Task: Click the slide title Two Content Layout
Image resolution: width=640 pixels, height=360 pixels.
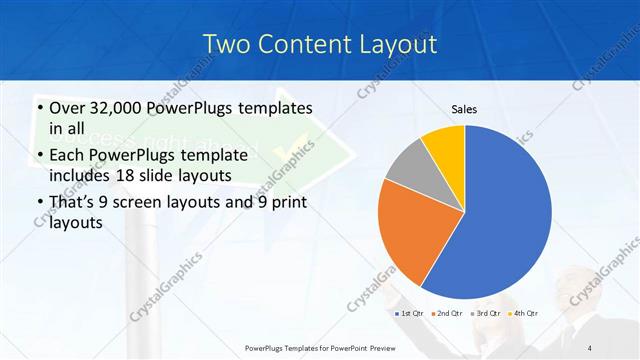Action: tap(319, 44)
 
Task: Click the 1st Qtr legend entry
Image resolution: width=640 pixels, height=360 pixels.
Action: tap(411, 313)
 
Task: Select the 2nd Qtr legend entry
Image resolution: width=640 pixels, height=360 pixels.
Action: tap(446, 313)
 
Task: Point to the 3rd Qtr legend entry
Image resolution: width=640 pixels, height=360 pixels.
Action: tap(485, 313)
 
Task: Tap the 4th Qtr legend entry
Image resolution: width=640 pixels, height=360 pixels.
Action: tap(523, 313)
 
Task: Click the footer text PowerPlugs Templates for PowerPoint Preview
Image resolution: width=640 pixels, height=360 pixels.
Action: tap(319, 347)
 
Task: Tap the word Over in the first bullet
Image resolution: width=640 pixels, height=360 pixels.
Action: tap(68, 108)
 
